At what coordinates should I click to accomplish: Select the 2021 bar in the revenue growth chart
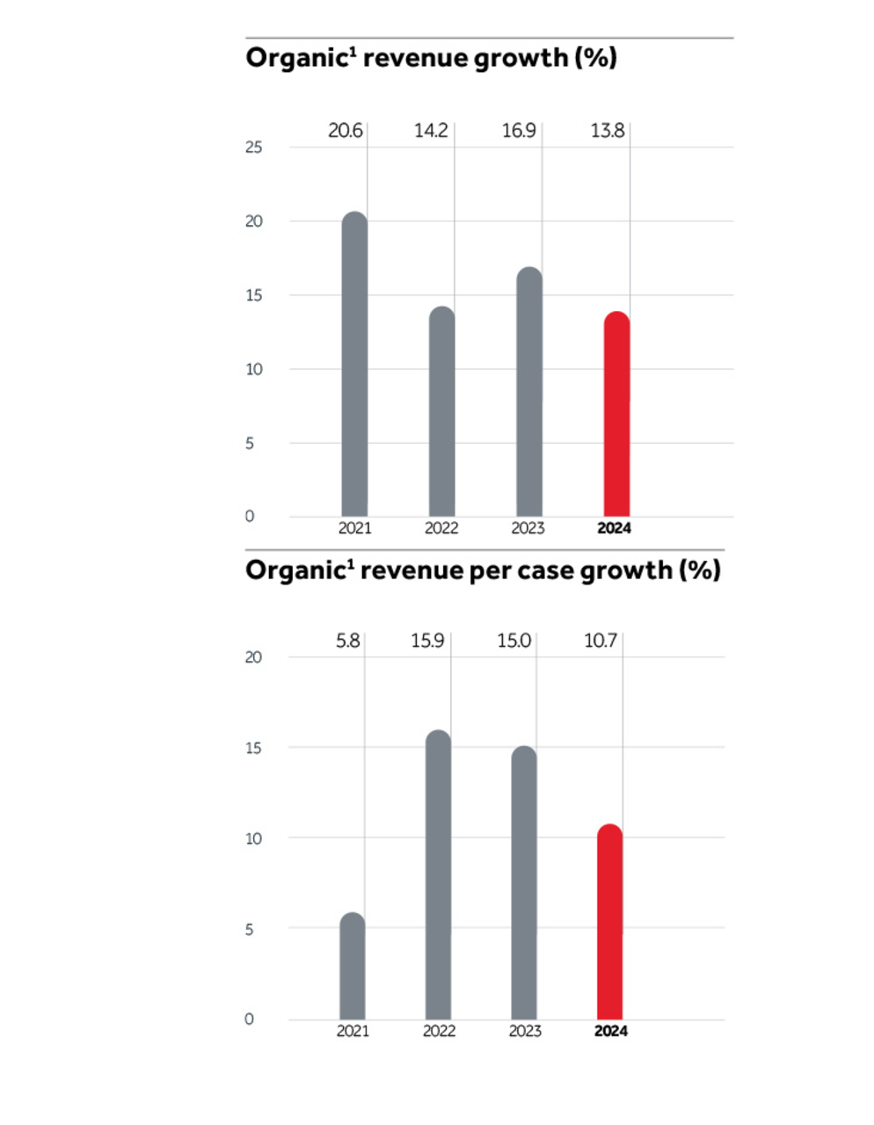tap(354, 364)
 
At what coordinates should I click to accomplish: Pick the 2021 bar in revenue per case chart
tap(352, 966)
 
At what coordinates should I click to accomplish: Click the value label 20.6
tap(345, 131)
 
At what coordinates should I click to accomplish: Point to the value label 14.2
tap(431, 131)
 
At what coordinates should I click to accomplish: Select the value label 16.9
tap(519, 131)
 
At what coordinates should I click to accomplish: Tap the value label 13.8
tap(607, 131)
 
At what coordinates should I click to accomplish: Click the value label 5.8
tap(347, 641)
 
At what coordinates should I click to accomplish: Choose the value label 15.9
tap(427, 641)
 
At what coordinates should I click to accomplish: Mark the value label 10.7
tap(601, 641)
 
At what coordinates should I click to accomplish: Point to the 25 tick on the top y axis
tap(253, 148)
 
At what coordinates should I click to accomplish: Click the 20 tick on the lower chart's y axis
tap(253, 657)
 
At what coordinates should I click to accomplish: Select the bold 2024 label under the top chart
tap(614, 528)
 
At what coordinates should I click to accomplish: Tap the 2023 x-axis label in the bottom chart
tap(525, 1031)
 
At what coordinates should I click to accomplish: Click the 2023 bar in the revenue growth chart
tap(529, 392)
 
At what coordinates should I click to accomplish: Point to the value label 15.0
tap(513, 641)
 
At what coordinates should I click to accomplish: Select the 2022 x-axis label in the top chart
tap(441, 528)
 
